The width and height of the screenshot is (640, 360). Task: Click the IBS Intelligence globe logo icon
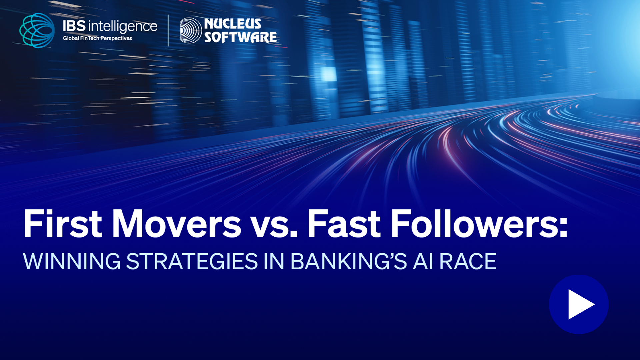(37, 30)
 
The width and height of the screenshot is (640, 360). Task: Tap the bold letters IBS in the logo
(74, 26)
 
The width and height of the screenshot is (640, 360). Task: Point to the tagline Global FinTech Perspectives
(97, 38)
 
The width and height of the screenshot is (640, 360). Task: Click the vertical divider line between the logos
(168, 30)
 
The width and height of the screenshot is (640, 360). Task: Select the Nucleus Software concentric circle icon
(191, 30)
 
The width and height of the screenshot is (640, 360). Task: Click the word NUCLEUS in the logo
(233, 24)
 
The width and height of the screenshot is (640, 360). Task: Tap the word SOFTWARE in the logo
(241, 37)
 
